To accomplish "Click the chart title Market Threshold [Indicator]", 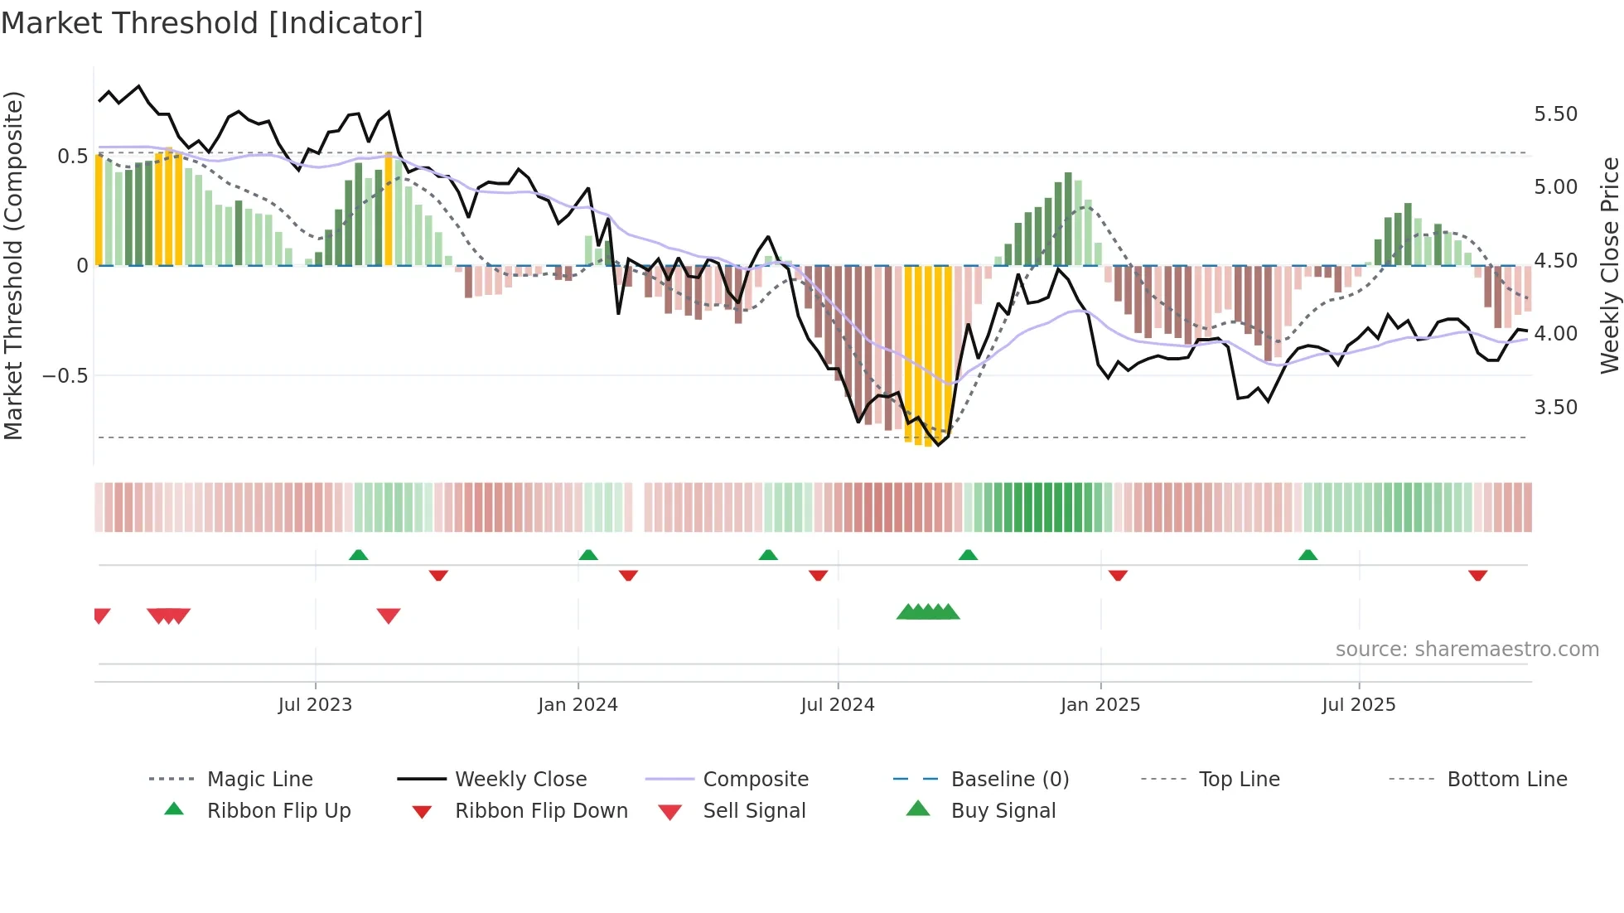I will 212,23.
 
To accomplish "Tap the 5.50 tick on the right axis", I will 1555,114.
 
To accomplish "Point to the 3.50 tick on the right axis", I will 1555,408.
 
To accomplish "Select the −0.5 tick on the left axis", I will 65,376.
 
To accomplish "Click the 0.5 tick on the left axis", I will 72,157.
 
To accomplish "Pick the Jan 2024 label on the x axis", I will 578,705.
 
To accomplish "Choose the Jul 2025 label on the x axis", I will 1358,705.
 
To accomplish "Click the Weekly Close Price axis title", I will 1609,265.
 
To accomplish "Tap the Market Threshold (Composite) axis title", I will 13,265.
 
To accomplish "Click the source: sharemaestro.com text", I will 1467,650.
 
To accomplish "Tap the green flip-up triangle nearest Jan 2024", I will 588,555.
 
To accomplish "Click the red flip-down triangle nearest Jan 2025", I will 1118,575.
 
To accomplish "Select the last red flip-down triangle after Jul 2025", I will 1477,575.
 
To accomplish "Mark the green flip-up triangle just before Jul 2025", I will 1307,555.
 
